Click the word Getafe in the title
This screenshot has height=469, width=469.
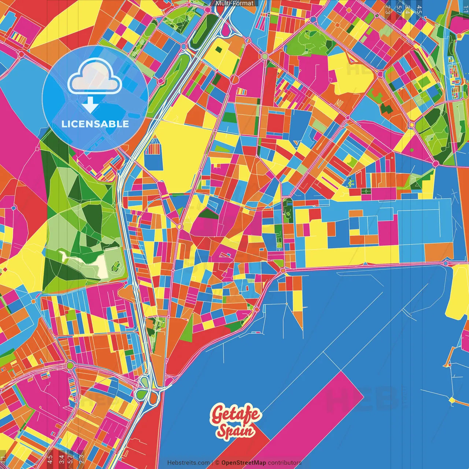tap(236, 415)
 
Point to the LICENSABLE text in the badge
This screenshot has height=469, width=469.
tap(95, 124)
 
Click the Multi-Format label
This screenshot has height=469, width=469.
tap(234, 3)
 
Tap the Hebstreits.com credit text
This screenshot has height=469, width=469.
tap(188, 463)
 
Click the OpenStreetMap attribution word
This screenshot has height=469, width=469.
tap(243, 463)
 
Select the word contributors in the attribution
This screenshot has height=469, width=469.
tap(284, 463)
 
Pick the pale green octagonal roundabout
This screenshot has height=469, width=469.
tap(265, 56)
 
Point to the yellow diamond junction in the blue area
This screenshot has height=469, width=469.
tap(452, 400)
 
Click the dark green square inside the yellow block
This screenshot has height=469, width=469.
tap(219, 50)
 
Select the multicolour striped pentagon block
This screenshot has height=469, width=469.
tap(154, 147)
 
